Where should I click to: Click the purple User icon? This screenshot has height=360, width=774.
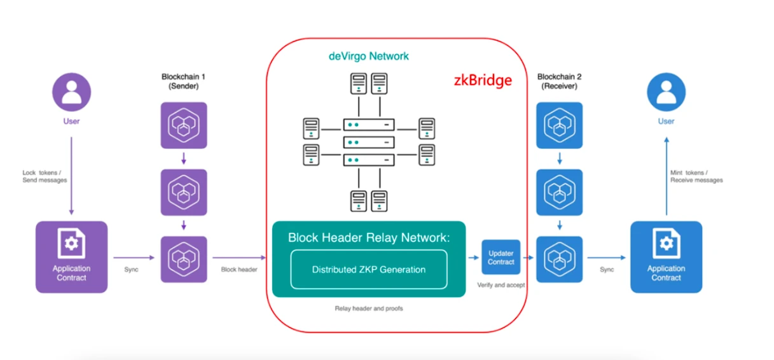(71, 92)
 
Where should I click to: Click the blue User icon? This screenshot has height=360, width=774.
(666, 92)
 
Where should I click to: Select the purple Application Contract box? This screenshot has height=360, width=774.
(71, 257)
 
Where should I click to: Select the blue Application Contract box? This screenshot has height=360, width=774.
(666, 257)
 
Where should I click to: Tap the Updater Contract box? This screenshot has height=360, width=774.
(501, 257)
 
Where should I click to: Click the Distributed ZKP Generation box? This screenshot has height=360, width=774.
(369, 270)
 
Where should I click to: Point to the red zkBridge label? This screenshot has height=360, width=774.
(482, 81)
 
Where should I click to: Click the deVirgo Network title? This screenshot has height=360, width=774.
(369, 56)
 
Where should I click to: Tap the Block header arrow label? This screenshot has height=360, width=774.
(239, 270)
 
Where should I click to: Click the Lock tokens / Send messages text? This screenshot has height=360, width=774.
(45, 176)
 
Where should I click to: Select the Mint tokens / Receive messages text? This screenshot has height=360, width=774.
(696, 176)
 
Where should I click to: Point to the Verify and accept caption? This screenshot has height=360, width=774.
(501, 285)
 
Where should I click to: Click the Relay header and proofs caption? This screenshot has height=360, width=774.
(369, 308)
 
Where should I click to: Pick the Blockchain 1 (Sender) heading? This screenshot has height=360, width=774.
(183, 81)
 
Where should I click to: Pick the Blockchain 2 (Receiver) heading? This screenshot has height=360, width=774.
(559, 81)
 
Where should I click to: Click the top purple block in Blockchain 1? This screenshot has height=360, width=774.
(184, 125)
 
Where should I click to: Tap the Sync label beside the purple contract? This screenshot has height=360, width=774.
(132, 270)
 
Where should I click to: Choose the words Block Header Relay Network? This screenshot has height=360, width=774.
(369, 238)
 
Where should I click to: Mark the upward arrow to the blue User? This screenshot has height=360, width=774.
(666, 178)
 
